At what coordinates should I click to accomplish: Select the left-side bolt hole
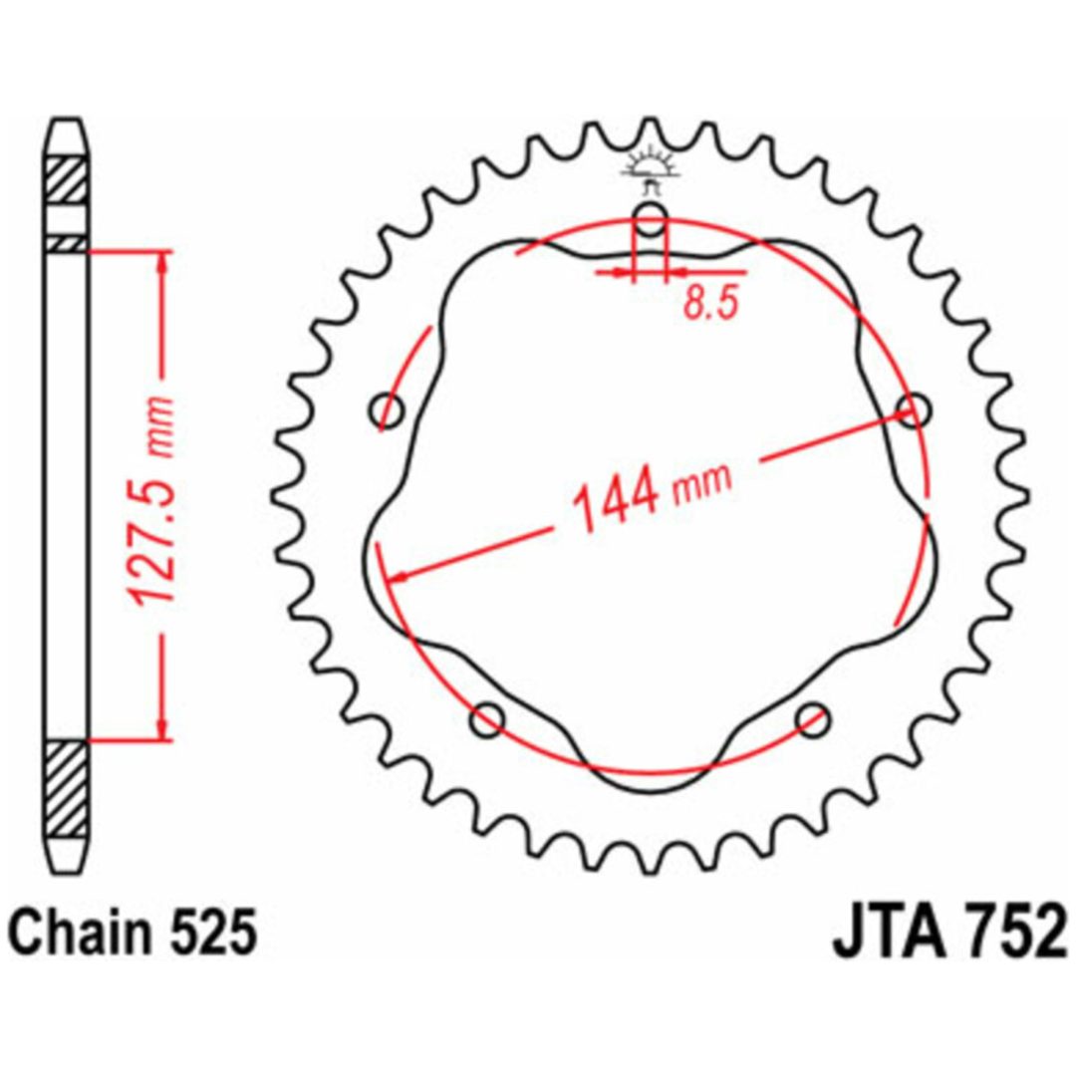click(x=387, y=411)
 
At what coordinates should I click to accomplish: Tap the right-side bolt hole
click(x=914, y=410)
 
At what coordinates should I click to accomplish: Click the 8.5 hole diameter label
click(x=710, y=303)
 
